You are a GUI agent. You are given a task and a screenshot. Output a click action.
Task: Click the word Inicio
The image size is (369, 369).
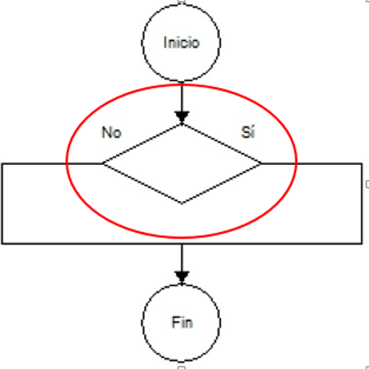tap(181, 42)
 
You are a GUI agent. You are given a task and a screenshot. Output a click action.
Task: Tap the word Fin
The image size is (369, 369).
tap(182, 322)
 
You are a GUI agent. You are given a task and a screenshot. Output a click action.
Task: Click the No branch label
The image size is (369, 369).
tap(111, 133)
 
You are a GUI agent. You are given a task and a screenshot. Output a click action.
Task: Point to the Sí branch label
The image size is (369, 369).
tap(248, 132)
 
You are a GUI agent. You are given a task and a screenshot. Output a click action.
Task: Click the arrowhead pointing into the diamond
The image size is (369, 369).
tap(181, 117)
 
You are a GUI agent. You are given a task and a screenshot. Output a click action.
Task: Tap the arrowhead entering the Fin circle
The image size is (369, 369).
tap(181, 278)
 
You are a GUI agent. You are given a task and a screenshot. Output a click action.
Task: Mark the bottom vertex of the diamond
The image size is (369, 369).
tap(181, 203)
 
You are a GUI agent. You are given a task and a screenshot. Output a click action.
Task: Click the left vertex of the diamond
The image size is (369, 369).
tap(103, 163)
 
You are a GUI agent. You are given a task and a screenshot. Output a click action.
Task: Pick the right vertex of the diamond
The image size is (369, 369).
tap(261, 163)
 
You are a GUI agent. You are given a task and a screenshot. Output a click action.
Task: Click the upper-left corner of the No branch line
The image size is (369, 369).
tap(2, 163)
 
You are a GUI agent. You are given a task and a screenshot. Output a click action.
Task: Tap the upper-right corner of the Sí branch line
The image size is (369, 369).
tap(361, 163)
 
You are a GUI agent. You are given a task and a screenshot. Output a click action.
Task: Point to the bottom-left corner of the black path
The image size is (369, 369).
tap(2, 243)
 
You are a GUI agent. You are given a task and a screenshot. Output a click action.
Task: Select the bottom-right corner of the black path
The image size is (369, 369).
tap(361, 243)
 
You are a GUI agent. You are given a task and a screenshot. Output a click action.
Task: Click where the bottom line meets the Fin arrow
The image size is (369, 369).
tap(181, 243)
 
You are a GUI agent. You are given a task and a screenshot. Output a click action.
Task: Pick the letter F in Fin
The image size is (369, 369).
tap(175, 322)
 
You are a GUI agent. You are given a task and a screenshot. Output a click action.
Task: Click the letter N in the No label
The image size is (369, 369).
tap(106, 133)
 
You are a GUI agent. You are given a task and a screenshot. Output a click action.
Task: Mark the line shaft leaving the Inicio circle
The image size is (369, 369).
tap(181, 97)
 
